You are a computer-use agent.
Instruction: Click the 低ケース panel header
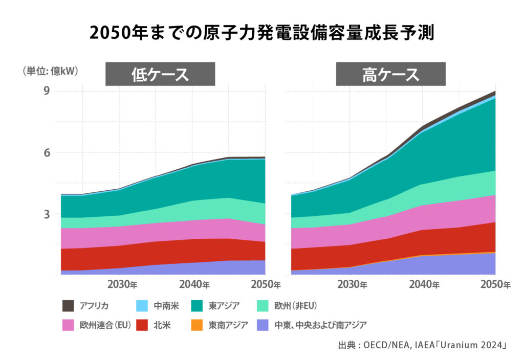pyautogui.click(x=160, y=75)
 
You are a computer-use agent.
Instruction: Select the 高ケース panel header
pyautogui.click(x=390, y=75)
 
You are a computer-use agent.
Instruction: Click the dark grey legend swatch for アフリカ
pyautogui.click(x=68, y=306)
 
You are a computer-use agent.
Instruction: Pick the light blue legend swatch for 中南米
pyautogui.click(x=143, y=306)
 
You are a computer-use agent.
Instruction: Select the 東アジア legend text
pyautogui.click(x=224, y=306)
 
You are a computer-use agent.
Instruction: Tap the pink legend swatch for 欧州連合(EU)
pyautogui.click(x=68, y=325)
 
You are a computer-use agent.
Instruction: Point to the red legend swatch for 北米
pyautogui.click(x=143, y=325)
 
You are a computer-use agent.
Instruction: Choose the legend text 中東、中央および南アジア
pyautogui.click(x=320, y=325)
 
